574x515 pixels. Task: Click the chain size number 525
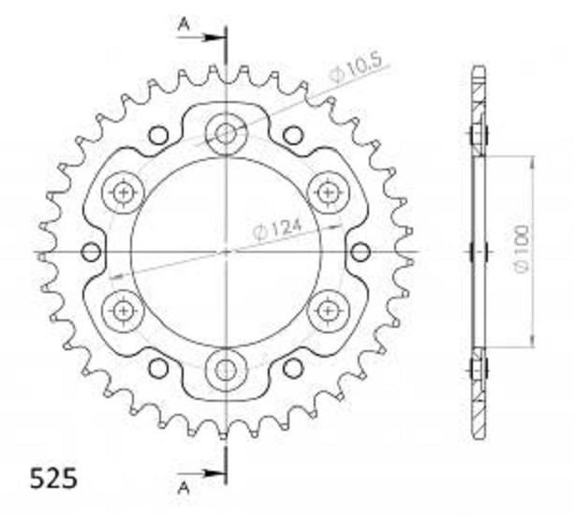tap(53, 478)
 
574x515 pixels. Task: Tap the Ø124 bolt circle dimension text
tap(278, 229)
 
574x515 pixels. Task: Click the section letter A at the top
tap(184, 25)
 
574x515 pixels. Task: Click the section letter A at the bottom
tap(184, 488)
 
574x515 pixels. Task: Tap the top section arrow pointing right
tap(200, 37)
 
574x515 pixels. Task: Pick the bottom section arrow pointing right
tap(200, 473)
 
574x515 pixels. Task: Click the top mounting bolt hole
tap(226, 134)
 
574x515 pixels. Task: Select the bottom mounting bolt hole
tap(226, 370)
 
